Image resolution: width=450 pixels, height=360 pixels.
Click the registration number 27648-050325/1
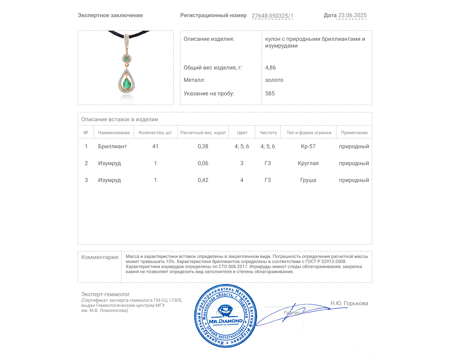272,16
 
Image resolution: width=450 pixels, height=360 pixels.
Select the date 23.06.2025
352,15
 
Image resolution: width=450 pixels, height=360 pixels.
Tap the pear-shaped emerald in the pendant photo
127,83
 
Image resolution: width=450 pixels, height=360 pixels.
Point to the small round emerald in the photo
127,58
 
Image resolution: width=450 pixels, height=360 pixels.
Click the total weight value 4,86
270,67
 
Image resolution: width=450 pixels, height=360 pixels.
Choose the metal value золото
274,80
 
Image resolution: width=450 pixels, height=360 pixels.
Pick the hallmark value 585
270,93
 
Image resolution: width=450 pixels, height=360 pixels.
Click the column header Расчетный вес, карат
203,132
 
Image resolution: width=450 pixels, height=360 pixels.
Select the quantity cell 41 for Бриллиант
155,146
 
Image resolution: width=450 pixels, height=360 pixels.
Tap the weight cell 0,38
203,146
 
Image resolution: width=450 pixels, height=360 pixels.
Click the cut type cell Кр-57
308,146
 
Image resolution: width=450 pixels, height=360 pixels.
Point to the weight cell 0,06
203,163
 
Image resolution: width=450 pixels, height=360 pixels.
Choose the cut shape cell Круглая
308,163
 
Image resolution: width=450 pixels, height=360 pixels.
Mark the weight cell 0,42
203,180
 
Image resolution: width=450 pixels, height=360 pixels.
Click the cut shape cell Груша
308,180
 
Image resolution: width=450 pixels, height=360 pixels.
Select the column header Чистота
268,132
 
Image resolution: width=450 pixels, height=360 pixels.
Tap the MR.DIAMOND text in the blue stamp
226,321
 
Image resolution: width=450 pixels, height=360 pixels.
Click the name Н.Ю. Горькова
349,303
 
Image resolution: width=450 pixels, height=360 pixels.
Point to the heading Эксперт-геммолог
105,294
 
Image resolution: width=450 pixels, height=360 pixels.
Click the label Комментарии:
100,257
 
